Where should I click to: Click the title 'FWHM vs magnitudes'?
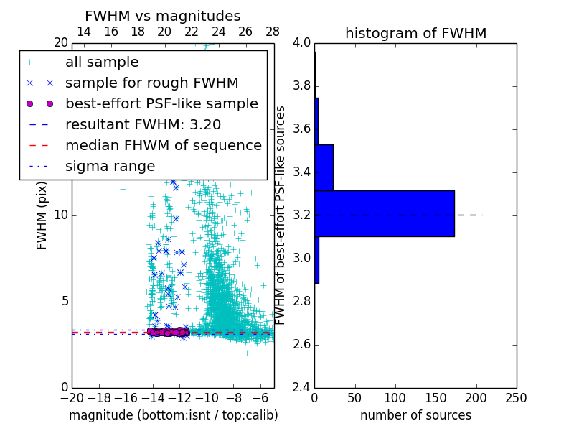coord(162,17)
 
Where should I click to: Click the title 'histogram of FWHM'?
coord(415,33)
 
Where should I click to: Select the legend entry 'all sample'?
coord(102,62)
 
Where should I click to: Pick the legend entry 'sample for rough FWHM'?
coord(151,83)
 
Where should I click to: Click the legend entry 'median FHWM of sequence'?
coord(163,145)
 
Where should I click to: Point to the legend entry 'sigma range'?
coord(110,166)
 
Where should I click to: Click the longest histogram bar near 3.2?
coord(385,213)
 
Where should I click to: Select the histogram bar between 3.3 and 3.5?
coord(324,167)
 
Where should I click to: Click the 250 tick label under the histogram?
coord(516,397)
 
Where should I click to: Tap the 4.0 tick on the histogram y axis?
coord(301,43)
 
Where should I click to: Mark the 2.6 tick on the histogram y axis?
coord(301,344)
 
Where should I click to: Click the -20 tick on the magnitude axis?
coord(72,397)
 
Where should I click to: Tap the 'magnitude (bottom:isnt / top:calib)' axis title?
coord(173,414)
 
